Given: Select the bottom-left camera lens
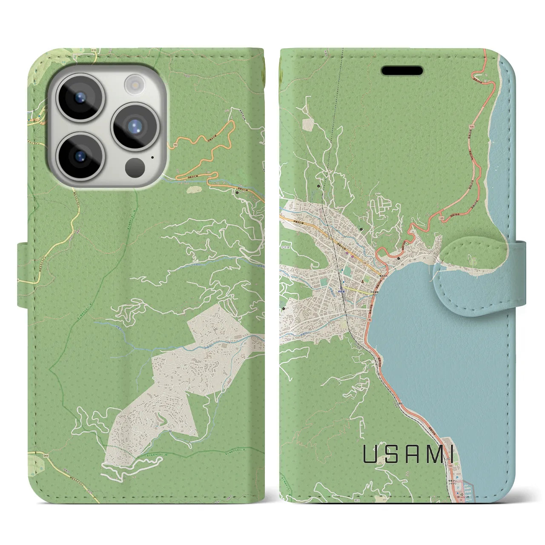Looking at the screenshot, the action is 80,156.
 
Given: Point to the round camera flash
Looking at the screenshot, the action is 135,83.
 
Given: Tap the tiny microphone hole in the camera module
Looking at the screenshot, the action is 152,157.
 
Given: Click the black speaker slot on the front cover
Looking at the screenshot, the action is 402,71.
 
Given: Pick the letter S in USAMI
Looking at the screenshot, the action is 390,455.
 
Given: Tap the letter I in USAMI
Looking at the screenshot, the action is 449,455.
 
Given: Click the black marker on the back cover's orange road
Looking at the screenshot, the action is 237,192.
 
